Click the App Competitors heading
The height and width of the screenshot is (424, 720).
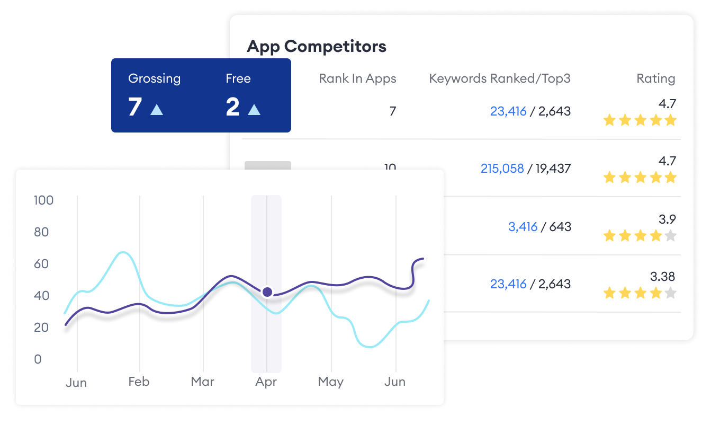317,47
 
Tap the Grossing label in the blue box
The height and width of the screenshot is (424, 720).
154,78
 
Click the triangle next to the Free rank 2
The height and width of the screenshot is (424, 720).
254,109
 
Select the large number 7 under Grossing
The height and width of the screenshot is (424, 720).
135,107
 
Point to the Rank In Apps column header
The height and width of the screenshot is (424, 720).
357,79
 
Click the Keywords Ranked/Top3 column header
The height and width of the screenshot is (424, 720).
499,79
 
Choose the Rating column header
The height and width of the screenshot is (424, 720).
655,79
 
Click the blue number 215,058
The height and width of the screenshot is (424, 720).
502,169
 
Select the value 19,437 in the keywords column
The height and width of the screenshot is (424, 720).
553,169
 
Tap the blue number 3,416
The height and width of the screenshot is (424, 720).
523,227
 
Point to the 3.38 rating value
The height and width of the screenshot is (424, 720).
662,276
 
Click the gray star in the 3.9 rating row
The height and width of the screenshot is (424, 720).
670,236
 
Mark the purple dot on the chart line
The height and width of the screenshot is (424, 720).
267,291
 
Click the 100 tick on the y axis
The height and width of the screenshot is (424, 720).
43,200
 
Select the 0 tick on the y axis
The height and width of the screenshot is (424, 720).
38,359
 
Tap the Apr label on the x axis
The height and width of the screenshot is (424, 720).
266,382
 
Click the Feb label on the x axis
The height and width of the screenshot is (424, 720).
139,382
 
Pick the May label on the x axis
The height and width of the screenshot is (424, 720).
331,382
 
